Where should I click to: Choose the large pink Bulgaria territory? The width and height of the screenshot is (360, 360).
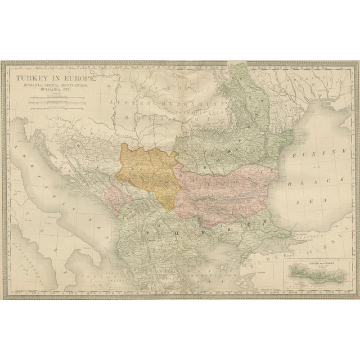[x=225, y=191]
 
